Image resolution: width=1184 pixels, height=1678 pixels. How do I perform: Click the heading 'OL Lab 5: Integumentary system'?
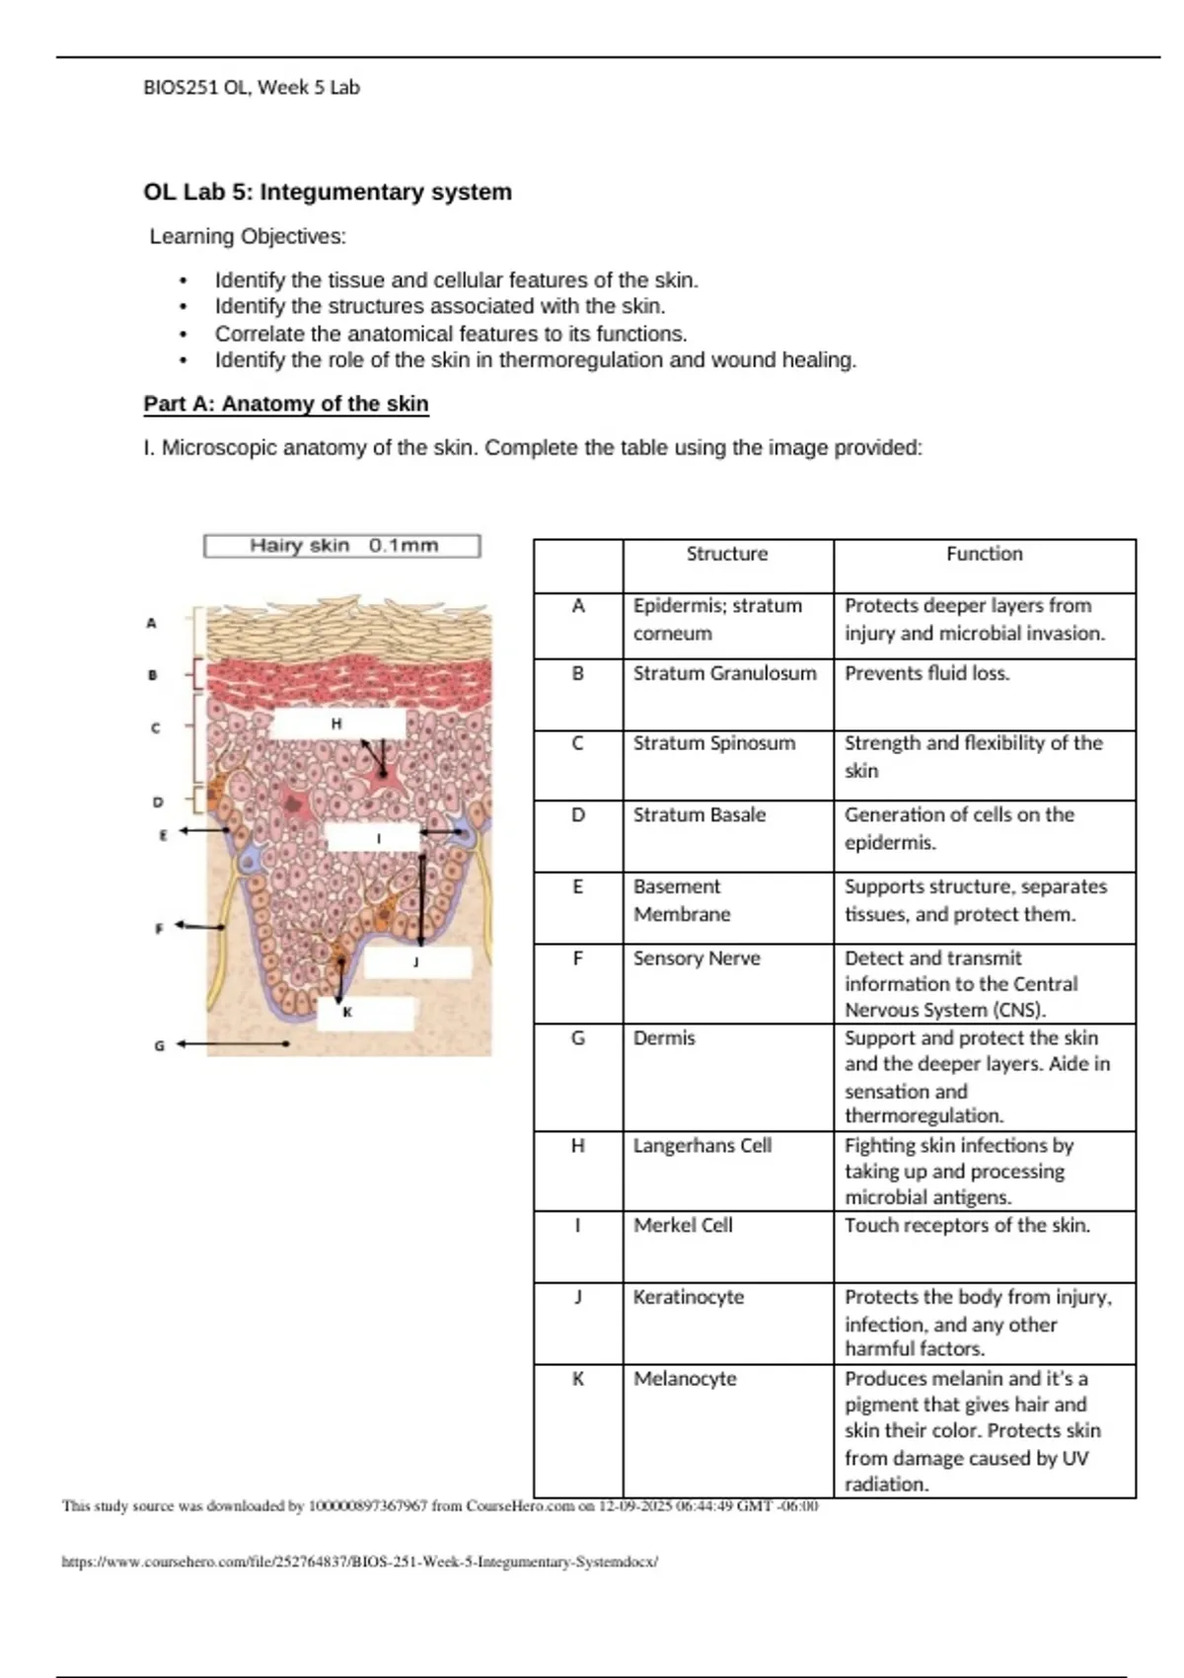tap(328, 191)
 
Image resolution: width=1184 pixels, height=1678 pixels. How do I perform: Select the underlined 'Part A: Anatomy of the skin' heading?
tap(286, 404)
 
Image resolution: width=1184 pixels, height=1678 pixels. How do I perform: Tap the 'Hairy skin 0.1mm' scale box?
tap(342, 546)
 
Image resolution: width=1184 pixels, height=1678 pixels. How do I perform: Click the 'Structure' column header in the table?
tap(727, 554)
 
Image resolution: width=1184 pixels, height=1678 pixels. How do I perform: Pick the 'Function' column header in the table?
tap(984, 554)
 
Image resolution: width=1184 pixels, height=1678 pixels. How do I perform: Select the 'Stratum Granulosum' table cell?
tap(725, 673)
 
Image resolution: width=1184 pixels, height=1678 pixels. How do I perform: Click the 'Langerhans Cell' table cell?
tap(703, 1145)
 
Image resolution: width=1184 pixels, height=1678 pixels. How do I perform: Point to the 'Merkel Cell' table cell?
tap(683, 1225)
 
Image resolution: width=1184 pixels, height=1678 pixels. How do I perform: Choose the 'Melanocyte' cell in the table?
tap(685, 1378)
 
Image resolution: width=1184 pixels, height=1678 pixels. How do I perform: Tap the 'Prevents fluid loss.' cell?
tap(926, 673)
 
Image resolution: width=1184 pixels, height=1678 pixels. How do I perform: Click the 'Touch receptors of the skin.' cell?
tap(967, 1225)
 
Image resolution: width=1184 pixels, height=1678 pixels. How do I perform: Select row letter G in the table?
tap(578, 1037)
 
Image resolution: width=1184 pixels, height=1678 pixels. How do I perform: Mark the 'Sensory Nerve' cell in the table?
tap(697, 957)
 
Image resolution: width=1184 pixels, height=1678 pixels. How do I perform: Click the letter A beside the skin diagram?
tap(151, 623)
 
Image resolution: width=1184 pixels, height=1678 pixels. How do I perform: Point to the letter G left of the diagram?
tap(159, 1045)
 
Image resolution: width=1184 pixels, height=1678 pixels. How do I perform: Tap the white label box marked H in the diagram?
tap(337, 724)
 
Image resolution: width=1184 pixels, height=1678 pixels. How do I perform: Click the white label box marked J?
tap(416, 961)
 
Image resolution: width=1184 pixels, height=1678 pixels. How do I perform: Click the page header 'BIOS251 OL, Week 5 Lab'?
tap(252, 87)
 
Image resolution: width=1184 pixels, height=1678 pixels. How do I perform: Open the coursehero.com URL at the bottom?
tap(359, 1562)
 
